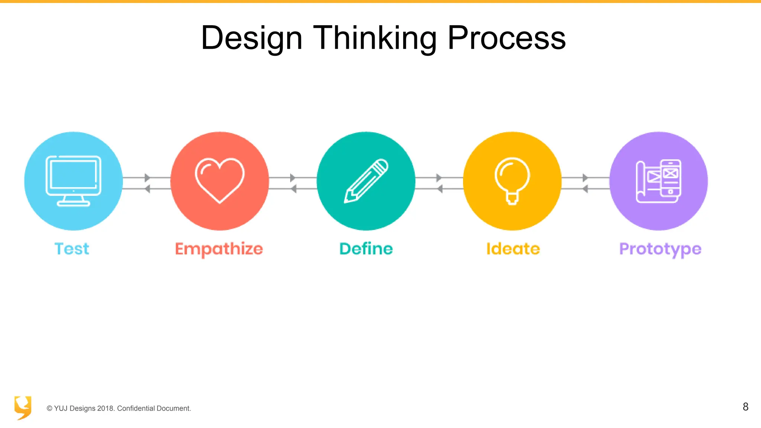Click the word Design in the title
252,38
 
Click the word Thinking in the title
375,38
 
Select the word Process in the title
506,38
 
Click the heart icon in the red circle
220,180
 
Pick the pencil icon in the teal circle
366,181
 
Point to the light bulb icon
512,181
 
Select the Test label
72,249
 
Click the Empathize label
219,249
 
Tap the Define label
366,249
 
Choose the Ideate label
513,249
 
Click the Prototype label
660,249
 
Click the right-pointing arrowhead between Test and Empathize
147,178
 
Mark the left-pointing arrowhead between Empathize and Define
294,189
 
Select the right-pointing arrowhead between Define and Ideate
439,178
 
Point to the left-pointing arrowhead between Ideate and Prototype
585,189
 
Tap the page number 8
745,407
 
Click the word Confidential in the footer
136,408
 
